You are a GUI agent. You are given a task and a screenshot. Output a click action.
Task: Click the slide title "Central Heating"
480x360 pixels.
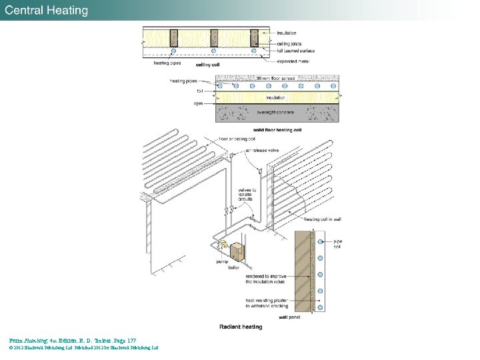point(47,10)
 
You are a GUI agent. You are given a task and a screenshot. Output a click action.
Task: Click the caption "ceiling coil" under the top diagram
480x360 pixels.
point(209,65)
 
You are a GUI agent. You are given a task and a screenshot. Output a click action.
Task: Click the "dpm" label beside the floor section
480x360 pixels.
point(198,104)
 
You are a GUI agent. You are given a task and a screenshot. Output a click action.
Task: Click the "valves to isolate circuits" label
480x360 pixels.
point(249,195)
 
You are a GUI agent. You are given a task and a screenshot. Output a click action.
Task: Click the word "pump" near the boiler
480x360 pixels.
point(222,261)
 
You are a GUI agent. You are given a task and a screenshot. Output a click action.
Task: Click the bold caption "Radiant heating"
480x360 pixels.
point(241,327)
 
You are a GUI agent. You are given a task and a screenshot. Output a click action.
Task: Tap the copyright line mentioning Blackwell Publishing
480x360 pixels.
point(84,347)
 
